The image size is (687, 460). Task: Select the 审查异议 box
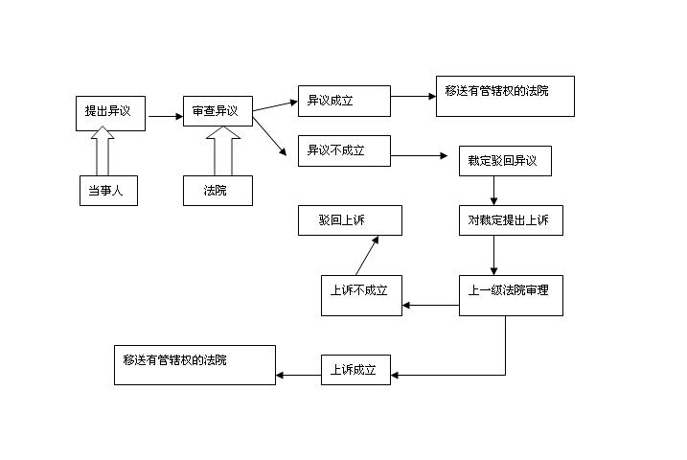pos(218,112)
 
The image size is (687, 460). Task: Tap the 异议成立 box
pos(344,101)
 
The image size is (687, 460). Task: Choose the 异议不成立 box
pos(344,150)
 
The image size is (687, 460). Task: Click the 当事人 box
pos(107,191)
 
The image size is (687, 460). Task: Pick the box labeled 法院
pos(218,191)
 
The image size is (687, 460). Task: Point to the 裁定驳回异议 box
pos(505,161)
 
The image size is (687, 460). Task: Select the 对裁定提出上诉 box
pos(509,220)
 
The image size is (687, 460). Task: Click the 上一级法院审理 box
pos(509,295)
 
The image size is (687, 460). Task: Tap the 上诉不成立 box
pos(360,295)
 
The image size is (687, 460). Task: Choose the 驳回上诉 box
pos(349,220)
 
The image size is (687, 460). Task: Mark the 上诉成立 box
pos(355,369)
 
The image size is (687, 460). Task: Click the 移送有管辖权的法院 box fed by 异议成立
pos(505,96)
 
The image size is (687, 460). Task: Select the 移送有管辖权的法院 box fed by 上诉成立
pos(195,365)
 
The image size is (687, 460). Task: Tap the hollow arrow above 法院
pos(223,150)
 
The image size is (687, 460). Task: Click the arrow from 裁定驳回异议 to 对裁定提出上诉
pos(493,191)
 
